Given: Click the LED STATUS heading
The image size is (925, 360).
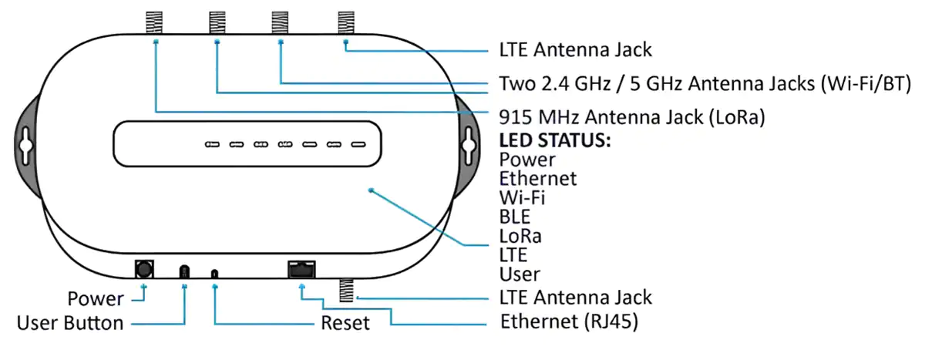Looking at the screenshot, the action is [x=554, y=140].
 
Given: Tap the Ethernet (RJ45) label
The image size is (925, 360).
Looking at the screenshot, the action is [x=569, y=321].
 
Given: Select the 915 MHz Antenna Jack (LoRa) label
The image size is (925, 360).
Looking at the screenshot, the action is [x=632, y=117].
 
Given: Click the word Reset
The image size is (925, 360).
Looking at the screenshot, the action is [x=345, y=323].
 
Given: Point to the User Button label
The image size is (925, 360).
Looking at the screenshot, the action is [x=70, y=323].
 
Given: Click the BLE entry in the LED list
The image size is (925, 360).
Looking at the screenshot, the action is [x=515, y=217].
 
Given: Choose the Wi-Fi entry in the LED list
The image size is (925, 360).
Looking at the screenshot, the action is [x=522, y=198].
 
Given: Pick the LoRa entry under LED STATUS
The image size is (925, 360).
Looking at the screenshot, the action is [x=520, y=236].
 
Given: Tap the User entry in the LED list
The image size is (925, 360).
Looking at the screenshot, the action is [x=520, y=274].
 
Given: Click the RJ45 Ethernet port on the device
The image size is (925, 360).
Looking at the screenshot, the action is [x=301, y=269].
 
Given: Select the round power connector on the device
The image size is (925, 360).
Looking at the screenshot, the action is [x=144, y=269].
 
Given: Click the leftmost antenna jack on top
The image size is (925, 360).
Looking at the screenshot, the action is [x=154, y=22].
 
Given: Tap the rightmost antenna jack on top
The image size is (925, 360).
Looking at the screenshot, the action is [x=346, y=22].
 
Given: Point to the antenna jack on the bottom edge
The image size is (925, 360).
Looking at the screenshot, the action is [x=346, y=290].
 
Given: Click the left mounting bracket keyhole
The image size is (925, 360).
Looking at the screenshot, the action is [x=25, y=146].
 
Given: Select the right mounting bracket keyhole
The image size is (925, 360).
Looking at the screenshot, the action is [x=469, y=146].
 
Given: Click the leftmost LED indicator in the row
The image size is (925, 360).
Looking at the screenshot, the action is [x=212, y=144].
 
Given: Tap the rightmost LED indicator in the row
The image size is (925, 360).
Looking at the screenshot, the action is [x=358, y=144].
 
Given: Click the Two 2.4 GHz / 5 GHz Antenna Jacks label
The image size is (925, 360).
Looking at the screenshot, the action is [x=705, y=84].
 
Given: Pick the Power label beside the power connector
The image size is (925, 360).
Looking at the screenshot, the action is [x=96, y=298].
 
